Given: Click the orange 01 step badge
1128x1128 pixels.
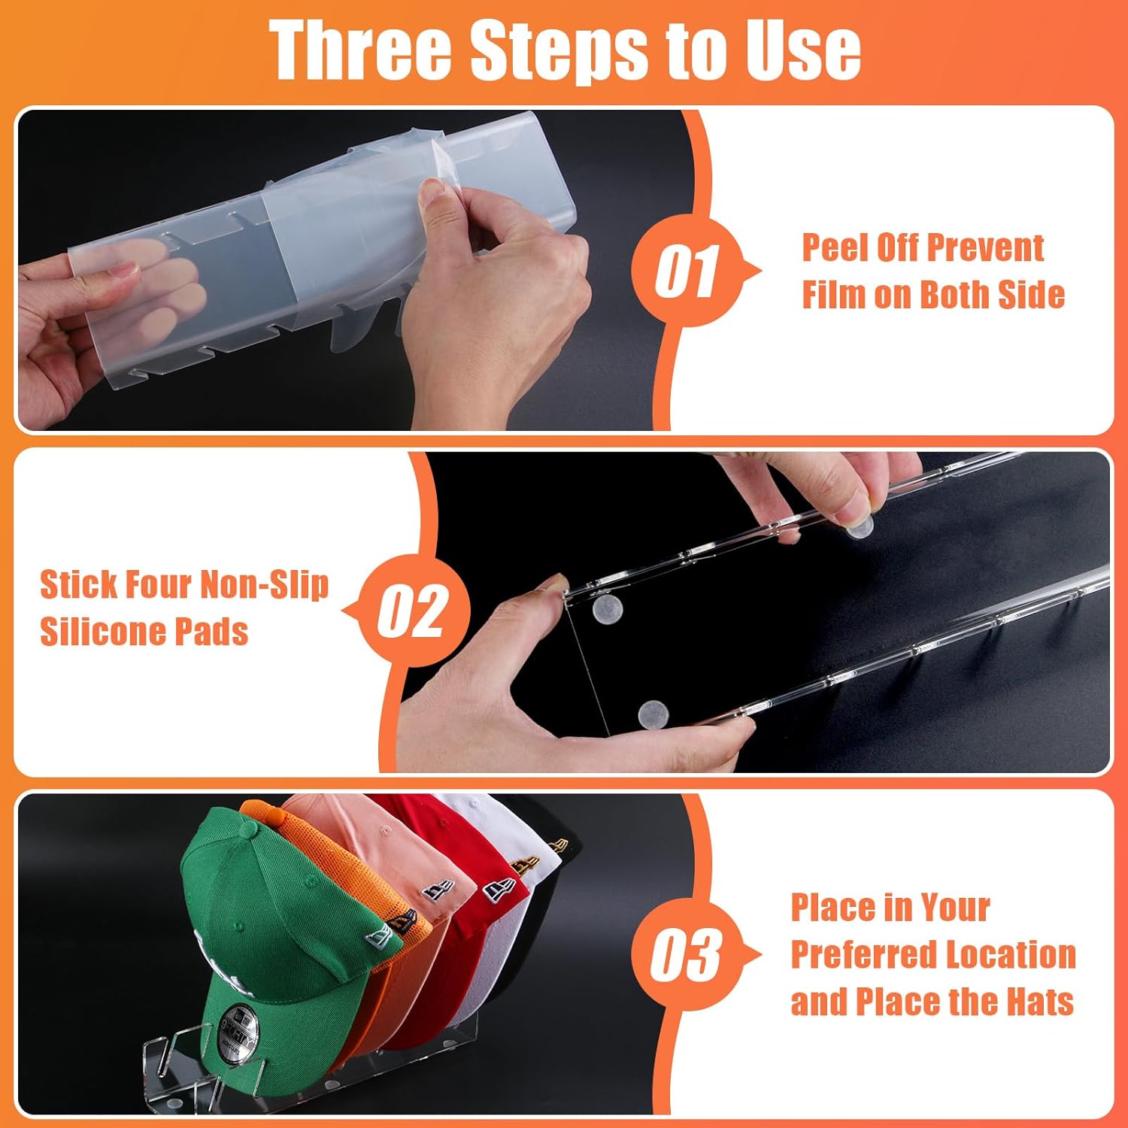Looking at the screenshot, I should [686, 270].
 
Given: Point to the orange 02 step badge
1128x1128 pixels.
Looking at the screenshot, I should [413, 610].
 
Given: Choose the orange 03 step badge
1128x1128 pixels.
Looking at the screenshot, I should [686, 955].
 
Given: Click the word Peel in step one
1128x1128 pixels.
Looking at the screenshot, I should [833, 247].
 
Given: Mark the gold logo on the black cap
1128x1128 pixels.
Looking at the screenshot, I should [556, 844].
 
